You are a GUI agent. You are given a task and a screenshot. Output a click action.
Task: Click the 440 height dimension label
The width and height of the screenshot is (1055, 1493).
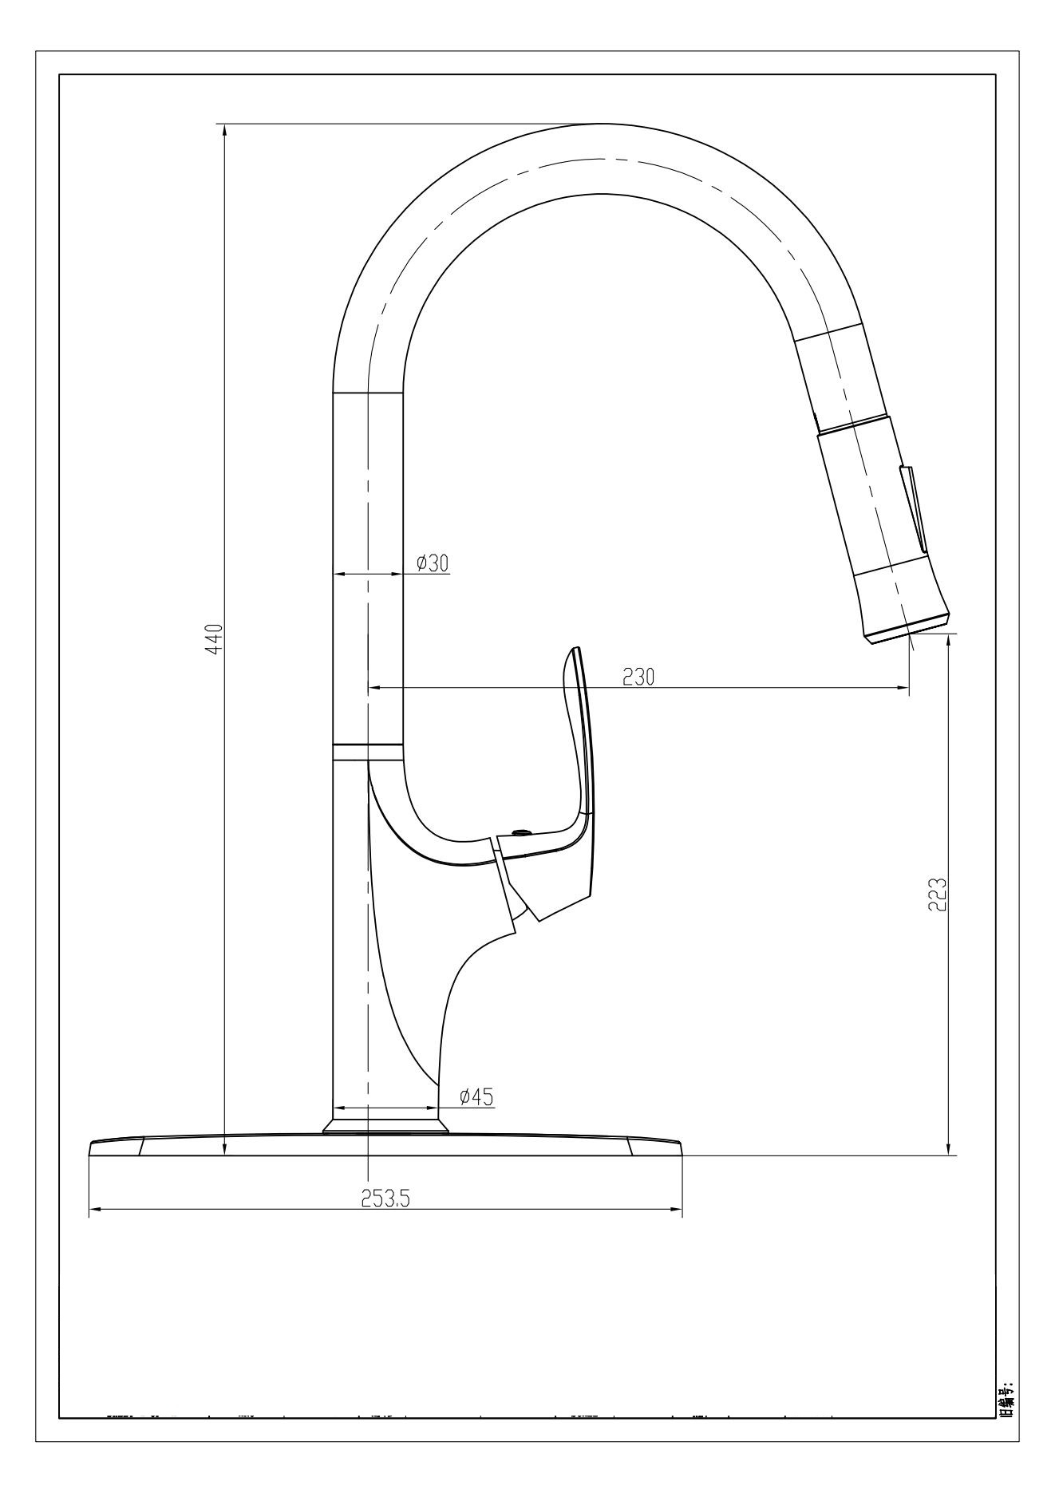[x=213, y=638]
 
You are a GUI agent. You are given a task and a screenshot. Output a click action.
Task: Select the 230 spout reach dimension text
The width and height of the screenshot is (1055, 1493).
[x=638, y=677]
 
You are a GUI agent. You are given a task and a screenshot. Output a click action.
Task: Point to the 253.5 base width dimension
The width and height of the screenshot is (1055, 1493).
[x=385, y=1199]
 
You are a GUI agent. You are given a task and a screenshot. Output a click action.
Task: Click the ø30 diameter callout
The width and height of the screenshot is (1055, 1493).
[x=433, y=563]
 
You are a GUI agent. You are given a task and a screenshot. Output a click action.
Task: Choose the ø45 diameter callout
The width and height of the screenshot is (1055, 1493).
[x=476, y=1096]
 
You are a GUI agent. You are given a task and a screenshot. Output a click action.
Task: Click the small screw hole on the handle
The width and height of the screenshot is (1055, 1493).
[x=520, y=832]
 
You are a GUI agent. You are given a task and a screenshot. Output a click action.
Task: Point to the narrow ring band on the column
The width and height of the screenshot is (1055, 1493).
[x=367, y=752]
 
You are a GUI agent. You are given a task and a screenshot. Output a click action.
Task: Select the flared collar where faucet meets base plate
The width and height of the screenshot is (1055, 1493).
[x=386, y=1126]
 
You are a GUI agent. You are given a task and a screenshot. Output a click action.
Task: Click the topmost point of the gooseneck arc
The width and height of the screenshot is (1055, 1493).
[x=599, y=124]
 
